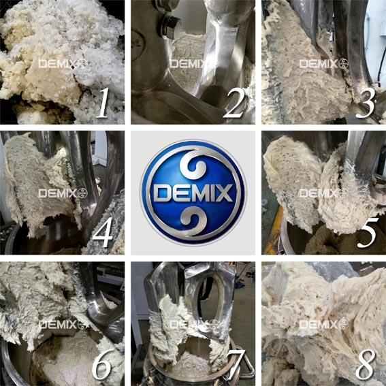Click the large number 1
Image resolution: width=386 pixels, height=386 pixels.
[103, 103]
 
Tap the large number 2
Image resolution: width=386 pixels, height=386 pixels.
[234, 103]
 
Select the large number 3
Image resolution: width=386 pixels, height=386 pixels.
[366, 103]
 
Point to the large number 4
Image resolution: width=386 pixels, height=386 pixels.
[102, 232]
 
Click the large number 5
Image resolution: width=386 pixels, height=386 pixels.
[366, 233]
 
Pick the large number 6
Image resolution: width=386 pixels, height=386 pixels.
[101, 364]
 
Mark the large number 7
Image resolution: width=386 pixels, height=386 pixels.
[236, 364]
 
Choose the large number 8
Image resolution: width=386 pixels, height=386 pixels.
[366, 364]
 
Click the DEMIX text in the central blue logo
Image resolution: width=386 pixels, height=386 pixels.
[193, 193]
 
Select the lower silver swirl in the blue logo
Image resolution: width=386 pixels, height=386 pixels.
[193, 219]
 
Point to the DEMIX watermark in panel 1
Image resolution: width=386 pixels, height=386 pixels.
[63, 64]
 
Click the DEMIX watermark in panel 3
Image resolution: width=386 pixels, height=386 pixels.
[324, 64]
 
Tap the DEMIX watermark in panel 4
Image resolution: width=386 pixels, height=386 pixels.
[63, 193]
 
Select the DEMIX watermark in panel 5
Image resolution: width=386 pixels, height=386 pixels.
[324, 193]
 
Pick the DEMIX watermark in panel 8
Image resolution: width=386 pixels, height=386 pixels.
[324, 325]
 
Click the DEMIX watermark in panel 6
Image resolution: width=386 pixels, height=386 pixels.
[63, 325]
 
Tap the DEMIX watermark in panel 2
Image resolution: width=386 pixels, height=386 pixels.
[189, 64]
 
